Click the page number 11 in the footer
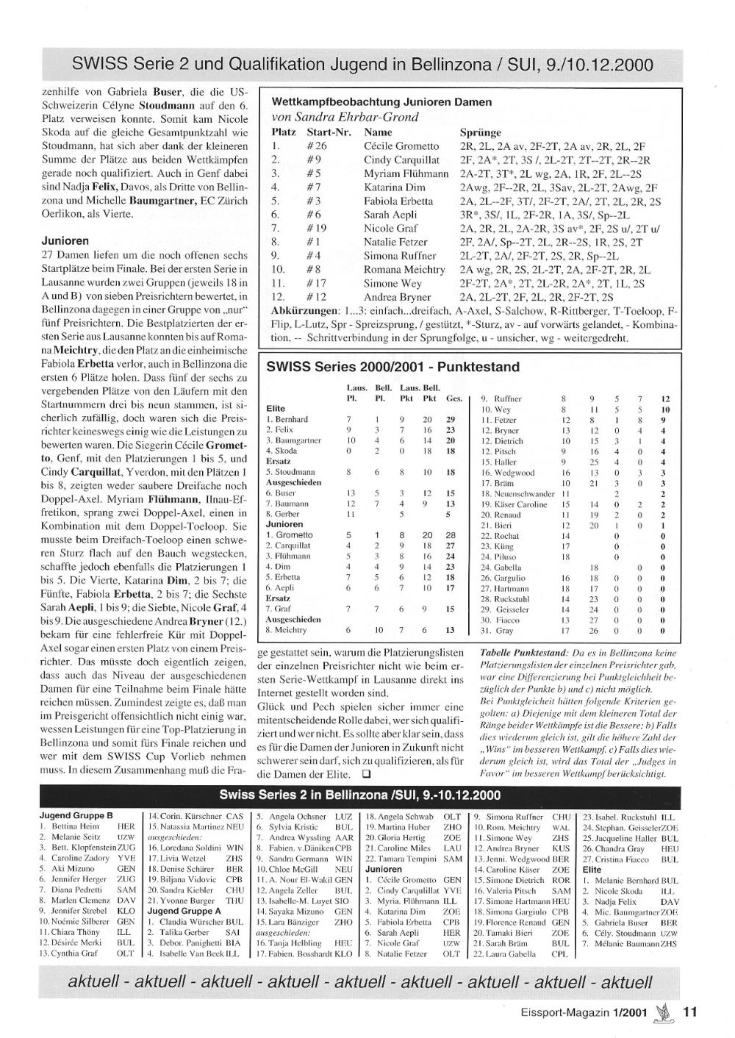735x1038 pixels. coord(689,1012)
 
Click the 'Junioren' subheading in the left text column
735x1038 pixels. coord(65,240)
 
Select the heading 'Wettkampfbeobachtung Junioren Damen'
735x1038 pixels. coord(381,102)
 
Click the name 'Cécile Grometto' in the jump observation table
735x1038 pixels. coord(401,146)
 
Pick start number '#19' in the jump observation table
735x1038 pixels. coord(317,229)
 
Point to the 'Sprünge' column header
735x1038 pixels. coord(481,132)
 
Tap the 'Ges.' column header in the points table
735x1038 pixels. coord(454,398)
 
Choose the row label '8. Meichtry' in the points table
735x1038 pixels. coord(287,630)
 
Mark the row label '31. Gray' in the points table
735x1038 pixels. coord(497,630)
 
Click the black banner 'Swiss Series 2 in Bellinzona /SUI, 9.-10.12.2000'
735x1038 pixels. coord(360,795)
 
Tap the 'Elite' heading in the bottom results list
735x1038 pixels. coord(592,869)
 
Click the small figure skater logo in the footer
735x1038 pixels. coord(666,1012)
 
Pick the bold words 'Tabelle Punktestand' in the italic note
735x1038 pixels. coord(523,653)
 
